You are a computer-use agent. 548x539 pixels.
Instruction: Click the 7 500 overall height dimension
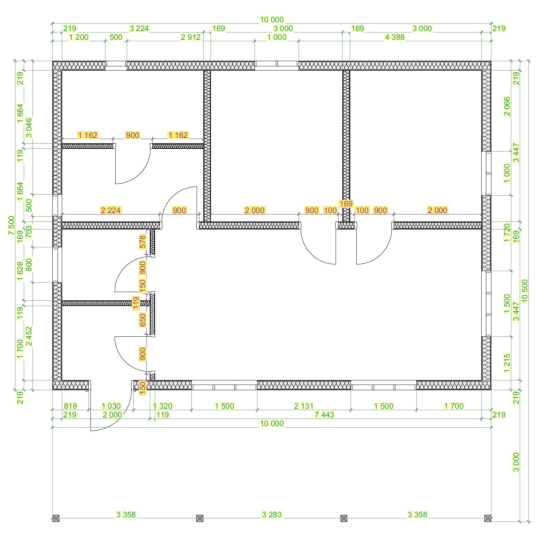tap(11, 226)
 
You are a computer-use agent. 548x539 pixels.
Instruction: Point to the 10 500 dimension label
tap(525, 291)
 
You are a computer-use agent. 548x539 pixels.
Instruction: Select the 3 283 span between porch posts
tap(272, 515)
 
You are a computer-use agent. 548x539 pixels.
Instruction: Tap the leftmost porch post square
tap(56, 518)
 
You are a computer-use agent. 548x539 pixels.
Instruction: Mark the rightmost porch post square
tap(488, 518)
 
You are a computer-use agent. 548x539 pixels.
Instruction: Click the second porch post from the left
tap(200, 518)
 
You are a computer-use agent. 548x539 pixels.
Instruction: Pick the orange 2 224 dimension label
tap(111, 210)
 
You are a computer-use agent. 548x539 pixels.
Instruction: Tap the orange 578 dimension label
tap(143, 242)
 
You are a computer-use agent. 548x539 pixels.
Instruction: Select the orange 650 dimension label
tap(143, 320)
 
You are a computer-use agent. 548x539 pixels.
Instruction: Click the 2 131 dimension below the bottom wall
tap(304, 406)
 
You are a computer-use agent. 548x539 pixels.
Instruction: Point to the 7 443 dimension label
tap(324, 415)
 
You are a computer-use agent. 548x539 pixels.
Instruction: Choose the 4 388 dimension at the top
tap(395, 37)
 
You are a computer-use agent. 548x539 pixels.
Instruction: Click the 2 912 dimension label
tap(191, 37)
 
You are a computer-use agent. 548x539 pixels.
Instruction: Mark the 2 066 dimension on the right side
tap(507, 106)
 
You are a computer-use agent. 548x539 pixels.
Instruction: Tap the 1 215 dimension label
tap(507, 363)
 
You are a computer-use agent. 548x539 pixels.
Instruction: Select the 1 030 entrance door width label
tap(111, 406)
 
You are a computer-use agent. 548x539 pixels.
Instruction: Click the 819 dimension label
tap(71, 406)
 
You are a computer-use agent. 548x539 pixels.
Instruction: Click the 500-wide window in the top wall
tap(116, 66)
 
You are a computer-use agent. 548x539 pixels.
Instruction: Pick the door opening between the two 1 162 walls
tap(132, 146)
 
